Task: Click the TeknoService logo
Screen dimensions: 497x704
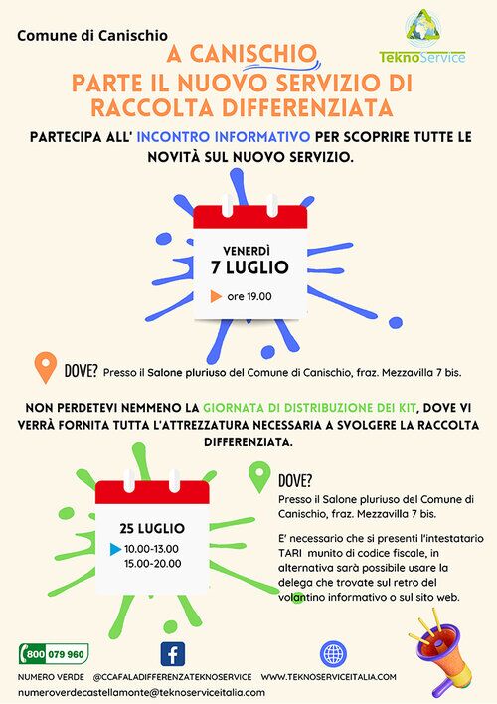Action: click(x=422, y=37)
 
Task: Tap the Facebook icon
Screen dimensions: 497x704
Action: click(x=173, y=653)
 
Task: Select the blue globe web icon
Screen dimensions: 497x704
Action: click(x=334, y=653)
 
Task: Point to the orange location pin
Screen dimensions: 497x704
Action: click(x=46, y=366)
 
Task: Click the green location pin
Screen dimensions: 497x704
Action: click(x=259, y=478)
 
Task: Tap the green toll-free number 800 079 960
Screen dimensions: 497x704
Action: click(x=54, y=653)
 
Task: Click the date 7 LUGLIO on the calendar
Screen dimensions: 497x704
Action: click(x=249, y=267)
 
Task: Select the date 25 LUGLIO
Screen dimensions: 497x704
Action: click(x=152, y=528)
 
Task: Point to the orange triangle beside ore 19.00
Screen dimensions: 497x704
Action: click(x=216, y=296)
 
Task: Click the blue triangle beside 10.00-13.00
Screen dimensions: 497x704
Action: click(x=116, y=549)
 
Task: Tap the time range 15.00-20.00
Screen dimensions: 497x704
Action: click(x=153, y=564)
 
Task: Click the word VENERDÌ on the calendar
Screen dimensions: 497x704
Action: click(x=247, y=251)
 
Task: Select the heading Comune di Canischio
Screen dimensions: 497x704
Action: click(x=92, y=36)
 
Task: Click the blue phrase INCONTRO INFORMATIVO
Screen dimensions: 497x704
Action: click(x=223, y=137)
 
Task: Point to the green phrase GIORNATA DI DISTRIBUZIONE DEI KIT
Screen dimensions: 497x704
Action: click(x=310, y=408)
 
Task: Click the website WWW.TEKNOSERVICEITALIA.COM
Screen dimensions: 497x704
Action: click(x=329, y=676)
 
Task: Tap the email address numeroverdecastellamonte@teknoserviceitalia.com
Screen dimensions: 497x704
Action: click(x=142, y=692)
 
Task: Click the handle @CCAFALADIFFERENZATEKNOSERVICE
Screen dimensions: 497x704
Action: click(x=172, y=676)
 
